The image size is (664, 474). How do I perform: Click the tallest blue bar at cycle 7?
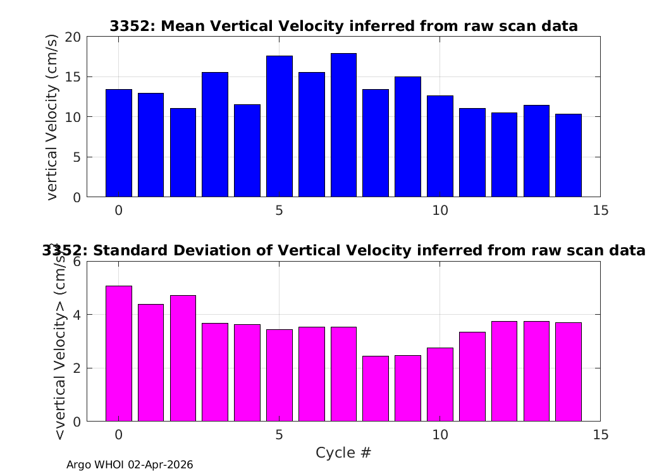(x=343, y=125)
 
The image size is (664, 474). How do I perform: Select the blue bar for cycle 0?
(x=119, y=143)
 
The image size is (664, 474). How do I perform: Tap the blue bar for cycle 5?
(x=279, y=126)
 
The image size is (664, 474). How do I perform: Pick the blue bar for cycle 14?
(x=569, y=155)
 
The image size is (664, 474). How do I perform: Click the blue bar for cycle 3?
(x=215, y=135)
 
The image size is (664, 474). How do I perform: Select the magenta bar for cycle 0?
(x=119, y=354)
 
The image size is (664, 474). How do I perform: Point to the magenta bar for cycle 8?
(x=376, y=389)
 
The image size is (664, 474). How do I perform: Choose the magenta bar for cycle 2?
(x=183, y=358)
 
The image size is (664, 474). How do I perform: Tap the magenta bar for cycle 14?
(x=569, y=372)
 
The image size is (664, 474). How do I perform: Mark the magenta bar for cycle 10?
(x=440, y=385)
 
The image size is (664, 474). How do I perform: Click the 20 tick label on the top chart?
(x=73, y=37)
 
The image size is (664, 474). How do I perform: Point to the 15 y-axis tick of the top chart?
(x=73, y=77)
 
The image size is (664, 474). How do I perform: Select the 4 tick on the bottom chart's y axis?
(x=77, y=315)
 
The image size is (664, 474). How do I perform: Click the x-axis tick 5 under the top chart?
(x=279, y=210)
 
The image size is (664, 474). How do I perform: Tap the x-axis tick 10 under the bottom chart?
(x=440, y=435)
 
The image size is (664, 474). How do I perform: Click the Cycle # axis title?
(x=343, y=453)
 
